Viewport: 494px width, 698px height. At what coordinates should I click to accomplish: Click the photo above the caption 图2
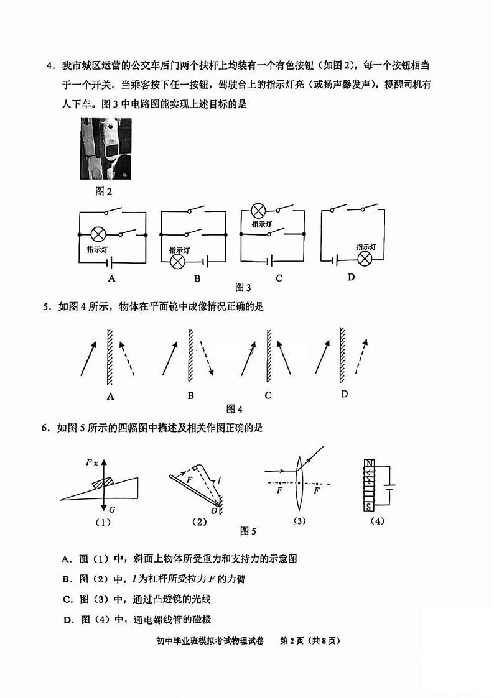[x=106, y=149]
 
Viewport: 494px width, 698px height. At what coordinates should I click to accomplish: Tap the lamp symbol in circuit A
[x=98, y=234]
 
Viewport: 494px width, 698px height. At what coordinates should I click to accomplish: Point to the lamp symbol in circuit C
[x=258, y=210]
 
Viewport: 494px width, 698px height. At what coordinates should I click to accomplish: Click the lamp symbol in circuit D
[x=364, y=258]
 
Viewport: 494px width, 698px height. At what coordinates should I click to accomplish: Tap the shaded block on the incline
[x=101, y=482]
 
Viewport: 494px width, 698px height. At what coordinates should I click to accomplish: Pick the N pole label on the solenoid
[x=370, y=463]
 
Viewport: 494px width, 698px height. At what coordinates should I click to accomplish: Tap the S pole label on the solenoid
[x=370, y=507]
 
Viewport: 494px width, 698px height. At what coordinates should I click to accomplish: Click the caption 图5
[x=248, y=531]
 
